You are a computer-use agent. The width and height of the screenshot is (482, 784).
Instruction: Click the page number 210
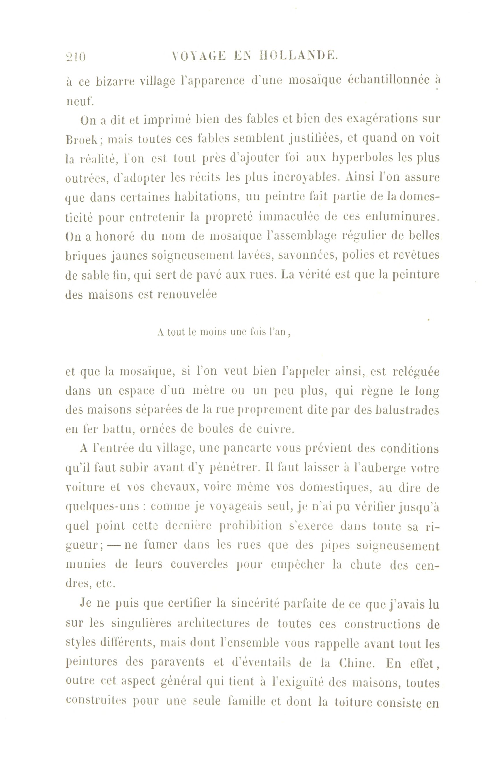click(x=76, y=57)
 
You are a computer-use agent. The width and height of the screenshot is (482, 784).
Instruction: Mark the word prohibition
click(x=251, y=526)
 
